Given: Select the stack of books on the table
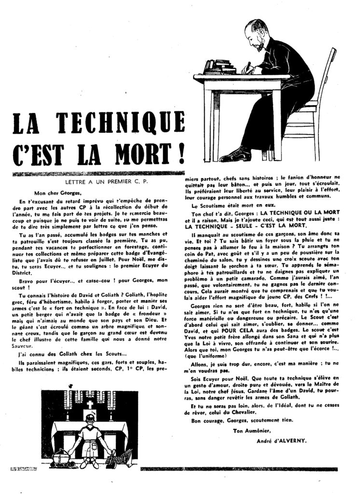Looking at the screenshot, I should pos(220,66).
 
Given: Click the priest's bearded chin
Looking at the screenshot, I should pos(261,46).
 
